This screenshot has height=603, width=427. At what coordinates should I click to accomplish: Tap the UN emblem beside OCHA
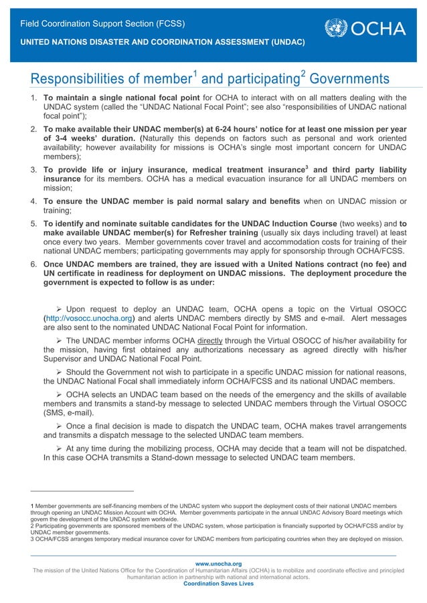pyautogui.click(x=336, y=29)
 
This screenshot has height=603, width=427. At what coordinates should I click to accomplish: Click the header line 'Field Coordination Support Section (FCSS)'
pyautogui.click(x=102, y=25)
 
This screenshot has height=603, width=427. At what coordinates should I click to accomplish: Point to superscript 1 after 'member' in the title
pyautogui.click(x=194, y=75)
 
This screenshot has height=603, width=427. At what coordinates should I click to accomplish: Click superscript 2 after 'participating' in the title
pyautogui.click(x=303, y=75)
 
